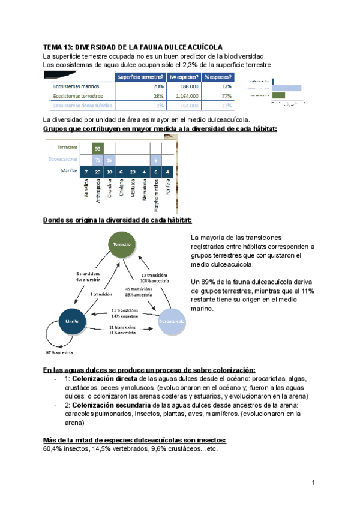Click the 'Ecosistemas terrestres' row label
click(x=78, y=96)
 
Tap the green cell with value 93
click(x=97, y=148)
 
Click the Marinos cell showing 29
click(x=97, y=173)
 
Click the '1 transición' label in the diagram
click(x=101, y=294)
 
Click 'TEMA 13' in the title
click(x=59, y=47)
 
